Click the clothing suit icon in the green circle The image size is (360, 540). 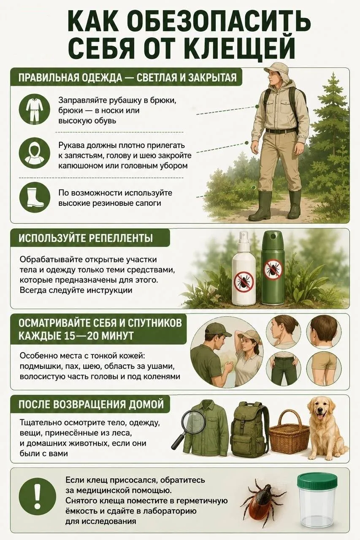[35, 108]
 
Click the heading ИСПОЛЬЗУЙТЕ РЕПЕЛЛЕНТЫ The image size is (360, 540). [86, 238]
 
